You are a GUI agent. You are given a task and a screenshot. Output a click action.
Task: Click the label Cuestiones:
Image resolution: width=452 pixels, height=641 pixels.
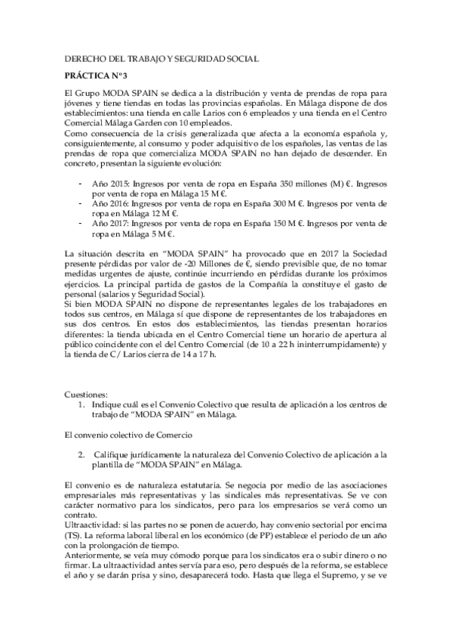click(x=85, y=394)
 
